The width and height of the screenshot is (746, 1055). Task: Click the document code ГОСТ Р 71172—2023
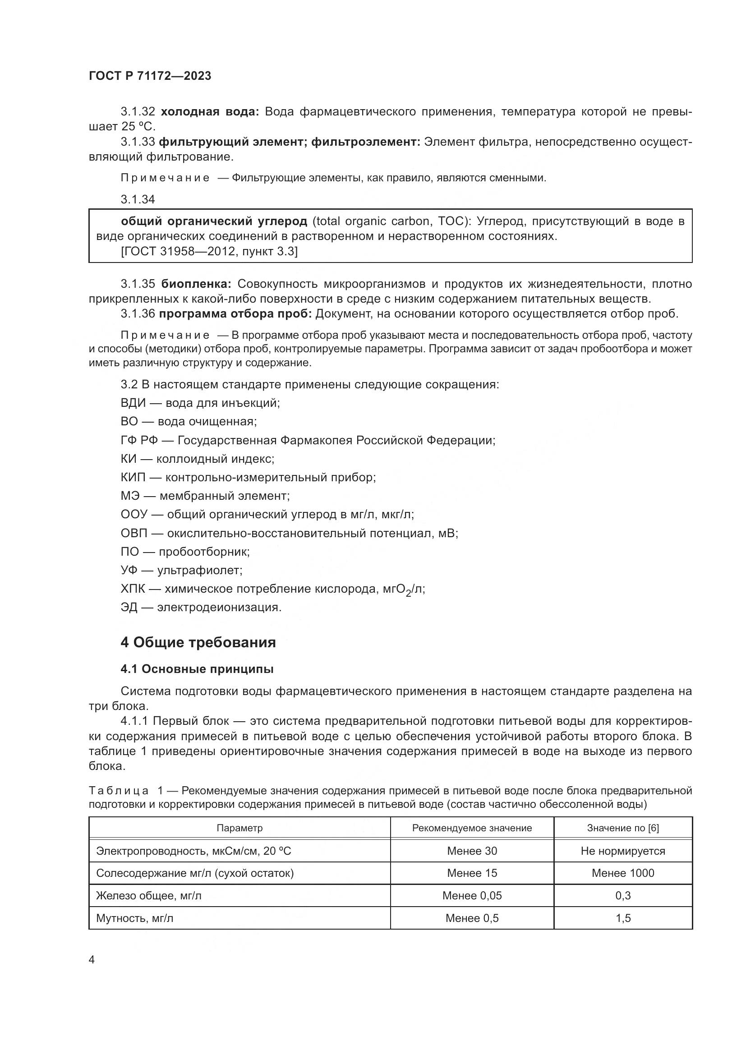click(150, 76)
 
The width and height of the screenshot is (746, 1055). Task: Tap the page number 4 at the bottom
click(92, 960)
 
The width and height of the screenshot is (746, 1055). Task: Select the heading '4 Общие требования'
click(198, 642)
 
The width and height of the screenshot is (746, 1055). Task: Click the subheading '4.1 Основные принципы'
click(197, 669)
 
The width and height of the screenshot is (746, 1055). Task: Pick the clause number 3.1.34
click(138, 199)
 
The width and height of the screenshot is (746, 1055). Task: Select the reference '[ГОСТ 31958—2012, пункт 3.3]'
click(209, 251)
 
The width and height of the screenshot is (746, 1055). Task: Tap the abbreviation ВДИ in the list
click(133, 403)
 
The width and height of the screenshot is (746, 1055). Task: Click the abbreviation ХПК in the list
click(133, 589)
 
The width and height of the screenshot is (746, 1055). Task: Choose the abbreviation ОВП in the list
click(134, 533)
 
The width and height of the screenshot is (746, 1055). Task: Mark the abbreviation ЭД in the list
click(129, 608)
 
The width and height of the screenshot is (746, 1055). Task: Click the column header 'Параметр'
click(239, 828)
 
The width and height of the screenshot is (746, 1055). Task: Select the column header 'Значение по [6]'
click(623, 828)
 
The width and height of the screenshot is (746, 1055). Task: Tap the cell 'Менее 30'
click(472, 851)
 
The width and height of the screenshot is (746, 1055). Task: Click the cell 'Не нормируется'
click(623, 851)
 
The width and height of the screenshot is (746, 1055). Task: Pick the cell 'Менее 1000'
click(623, 873)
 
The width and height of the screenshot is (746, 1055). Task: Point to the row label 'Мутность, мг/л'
click(134, 918)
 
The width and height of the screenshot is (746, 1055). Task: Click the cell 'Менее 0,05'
click(472, 896)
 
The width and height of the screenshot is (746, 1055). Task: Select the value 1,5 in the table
click(623, 918)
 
